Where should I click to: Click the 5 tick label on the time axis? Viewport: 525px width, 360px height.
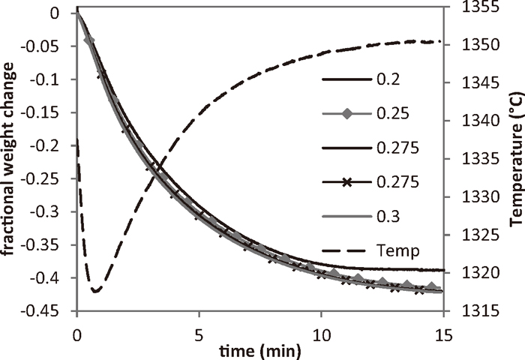tap(199, 329)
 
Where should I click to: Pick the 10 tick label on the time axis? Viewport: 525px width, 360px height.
tap(321, 329)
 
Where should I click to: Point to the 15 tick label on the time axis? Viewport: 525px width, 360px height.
tap(443, 329)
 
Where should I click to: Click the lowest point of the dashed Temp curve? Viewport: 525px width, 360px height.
tap(95, 290)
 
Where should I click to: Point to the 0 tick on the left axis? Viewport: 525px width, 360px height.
tap(63, 13)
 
